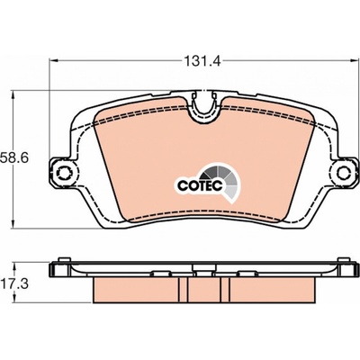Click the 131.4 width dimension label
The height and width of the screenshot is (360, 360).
click(202, 61)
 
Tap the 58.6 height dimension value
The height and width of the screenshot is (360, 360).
click(14, 157)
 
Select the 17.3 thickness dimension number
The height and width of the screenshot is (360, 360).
click(14, 283)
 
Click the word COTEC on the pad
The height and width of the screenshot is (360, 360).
click(200, 185)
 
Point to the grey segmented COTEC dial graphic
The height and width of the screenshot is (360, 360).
click(223, 181)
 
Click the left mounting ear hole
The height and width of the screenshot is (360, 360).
click(64, 173)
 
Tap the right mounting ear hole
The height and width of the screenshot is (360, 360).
click(344, 173)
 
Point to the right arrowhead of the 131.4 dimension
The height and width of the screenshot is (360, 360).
click(355, 61)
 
